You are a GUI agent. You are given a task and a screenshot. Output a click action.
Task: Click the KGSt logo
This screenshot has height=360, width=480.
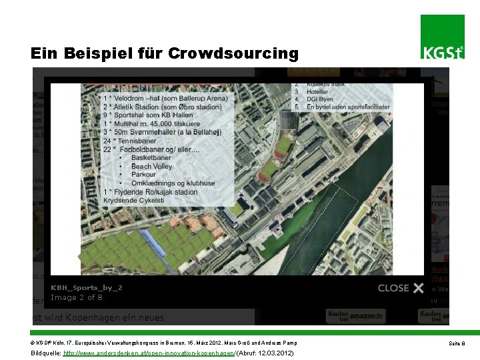click(442, 38)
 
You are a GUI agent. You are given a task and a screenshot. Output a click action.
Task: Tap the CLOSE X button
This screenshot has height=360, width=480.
click(401, 288)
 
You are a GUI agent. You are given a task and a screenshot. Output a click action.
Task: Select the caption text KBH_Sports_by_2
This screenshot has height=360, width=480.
click(87, 287)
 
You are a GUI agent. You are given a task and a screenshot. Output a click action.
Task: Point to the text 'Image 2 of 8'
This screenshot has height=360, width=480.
click(77, 297)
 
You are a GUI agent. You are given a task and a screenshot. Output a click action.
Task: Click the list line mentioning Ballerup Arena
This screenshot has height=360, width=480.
click(165, 99)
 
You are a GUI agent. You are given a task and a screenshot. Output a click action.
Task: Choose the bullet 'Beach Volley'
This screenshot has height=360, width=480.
click(151, 167)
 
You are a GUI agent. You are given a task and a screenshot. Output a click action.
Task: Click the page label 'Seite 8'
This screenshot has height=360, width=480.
click(457, 343)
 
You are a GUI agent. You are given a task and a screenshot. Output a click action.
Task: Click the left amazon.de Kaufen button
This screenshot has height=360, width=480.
click(355, 316)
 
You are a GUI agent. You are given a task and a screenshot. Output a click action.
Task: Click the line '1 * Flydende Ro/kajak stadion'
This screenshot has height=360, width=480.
click(150, 193)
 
